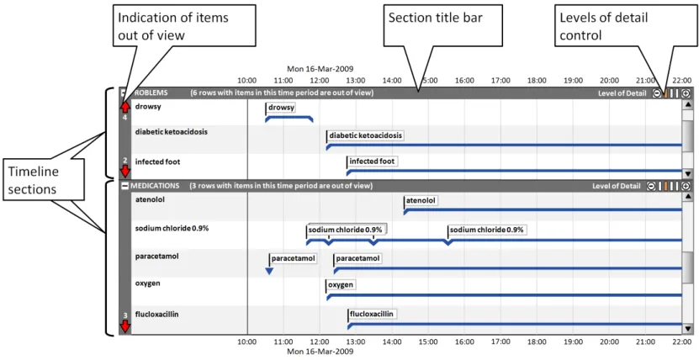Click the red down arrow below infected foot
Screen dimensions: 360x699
click(124, 172)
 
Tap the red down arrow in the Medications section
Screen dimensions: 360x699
click(124, 326)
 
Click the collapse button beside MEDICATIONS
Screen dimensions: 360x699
click(124, 186)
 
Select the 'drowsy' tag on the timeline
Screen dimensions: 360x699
click(282, 108)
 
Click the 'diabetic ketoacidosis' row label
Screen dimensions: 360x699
click(172, 132)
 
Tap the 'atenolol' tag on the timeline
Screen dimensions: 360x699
click(421, 201)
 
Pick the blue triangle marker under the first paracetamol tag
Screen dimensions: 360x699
click(269, 271)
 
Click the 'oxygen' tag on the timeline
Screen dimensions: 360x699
click(341, 285)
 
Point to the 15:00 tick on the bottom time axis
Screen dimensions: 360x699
click(428, 342)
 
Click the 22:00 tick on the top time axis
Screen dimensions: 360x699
click(681, 80)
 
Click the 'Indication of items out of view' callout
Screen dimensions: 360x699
click(183, 25)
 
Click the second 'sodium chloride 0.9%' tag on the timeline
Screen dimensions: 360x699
click(486, 230)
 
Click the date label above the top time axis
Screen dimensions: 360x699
click(320, 68)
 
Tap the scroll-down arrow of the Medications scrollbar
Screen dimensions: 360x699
click(687, 329)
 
